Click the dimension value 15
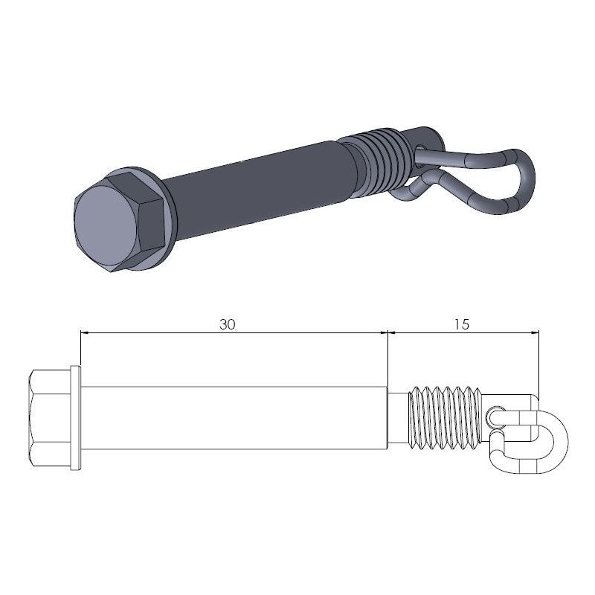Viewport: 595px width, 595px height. click(460, 324)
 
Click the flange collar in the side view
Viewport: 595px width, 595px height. click(74, 419)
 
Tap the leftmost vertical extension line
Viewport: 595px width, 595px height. click(80, 350)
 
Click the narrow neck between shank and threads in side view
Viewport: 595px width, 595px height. click(399, 419)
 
